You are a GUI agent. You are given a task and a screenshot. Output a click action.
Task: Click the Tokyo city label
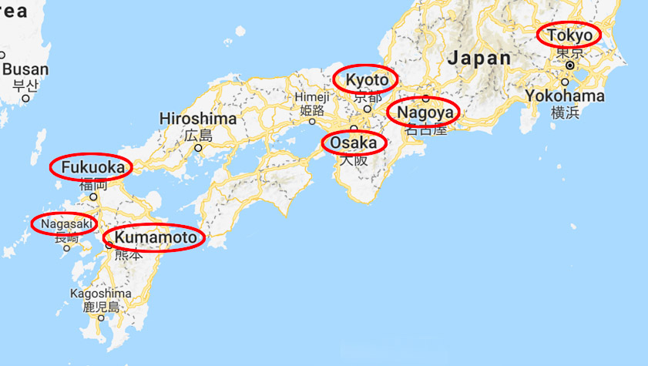click(x=570, y=35)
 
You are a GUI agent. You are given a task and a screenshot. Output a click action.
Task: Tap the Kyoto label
click(x=367, y=79)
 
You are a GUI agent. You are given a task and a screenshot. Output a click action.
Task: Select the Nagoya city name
click(x=423, y=114)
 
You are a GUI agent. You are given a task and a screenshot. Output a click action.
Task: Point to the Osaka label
click(x=354, y=143)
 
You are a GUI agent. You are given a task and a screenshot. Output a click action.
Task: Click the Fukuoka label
click(x=91, y=167)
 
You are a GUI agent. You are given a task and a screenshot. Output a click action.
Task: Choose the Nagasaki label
click(x=65, y=223)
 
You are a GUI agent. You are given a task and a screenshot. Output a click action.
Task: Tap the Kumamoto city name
click(x=155, y=238)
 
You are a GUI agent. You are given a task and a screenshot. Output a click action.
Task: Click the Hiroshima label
click(x=197, y=119)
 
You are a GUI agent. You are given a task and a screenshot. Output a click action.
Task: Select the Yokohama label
click(x=565, y=96)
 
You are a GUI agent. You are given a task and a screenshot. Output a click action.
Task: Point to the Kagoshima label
click(x=101, y=294)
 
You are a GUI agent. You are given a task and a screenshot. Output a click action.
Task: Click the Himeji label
click(x=312, y=97)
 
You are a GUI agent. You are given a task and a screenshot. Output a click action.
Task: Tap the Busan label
click(x=25, y=69)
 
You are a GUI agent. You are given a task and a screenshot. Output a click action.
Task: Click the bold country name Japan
click(x=479, y=58)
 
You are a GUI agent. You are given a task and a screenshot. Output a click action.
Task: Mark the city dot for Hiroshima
click(x=198, y=148)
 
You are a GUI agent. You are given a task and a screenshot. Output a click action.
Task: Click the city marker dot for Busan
click(x=25, y=98)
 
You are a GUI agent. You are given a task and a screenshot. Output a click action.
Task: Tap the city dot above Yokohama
click(x=566, y=81)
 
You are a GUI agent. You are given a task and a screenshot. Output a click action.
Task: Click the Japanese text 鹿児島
click(x=102, y=307)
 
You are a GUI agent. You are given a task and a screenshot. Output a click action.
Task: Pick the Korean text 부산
click(x=25, y=84)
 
